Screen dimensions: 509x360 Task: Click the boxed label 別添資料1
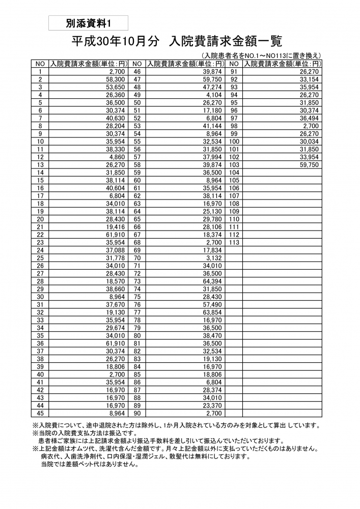[x=88, y=23]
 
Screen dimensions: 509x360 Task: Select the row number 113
[x=234, y=242]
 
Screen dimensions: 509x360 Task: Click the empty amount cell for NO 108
[x=283, y=204]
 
